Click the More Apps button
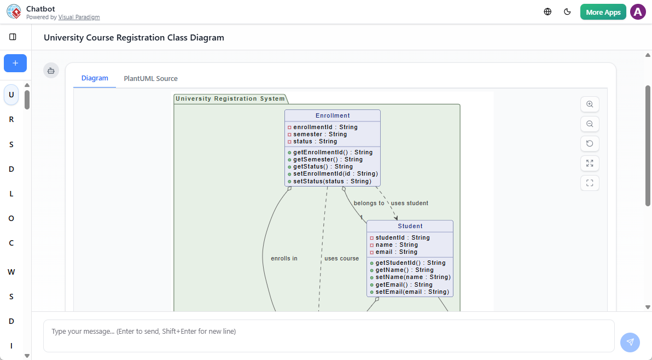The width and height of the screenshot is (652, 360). [603, 12]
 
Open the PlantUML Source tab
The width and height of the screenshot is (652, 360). [150, 78]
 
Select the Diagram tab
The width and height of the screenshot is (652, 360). [95, 78]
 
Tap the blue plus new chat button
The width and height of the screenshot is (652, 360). [15, 63]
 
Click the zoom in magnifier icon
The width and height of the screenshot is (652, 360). [590, 104]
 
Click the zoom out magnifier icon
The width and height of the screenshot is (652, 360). [590, 124]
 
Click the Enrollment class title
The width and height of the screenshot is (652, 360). [333, 115]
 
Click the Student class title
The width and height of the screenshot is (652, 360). [410, 226]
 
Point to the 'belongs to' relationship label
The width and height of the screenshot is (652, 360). [369, 203]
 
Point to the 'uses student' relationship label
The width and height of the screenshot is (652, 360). [409, 203]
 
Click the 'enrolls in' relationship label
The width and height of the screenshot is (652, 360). [284, 258]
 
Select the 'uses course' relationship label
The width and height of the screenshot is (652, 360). [341, 258]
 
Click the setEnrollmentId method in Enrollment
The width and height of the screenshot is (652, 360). [335, 174]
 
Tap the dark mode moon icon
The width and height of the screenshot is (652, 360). [567, 12]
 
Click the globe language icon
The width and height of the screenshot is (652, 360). [548, 12]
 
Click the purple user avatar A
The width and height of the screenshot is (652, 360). [638, 12]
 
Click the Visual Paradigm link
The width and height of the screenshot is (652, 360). [79, 18]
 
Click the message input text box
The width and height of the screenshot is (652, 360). [328, 335]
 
